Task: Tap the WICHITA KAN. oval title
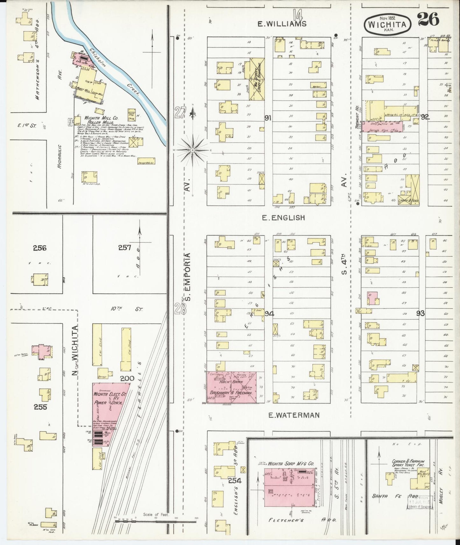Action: click(x=387, y=24)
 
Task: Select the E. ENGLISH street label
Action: click(x=283, y=218)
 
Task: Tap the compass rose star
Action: click(x=193, y=149)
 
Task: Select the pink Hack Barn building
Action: click(x=234, y=387)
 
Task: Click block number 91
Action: click(x=268, y=118)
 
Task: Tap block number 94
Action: click(x=269, y=314)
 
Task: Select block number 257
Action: click(x=124, y=247)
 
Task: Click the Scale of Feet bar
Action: click(x=156, y=521)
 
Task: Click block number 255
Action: click(x=40, y=407)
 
